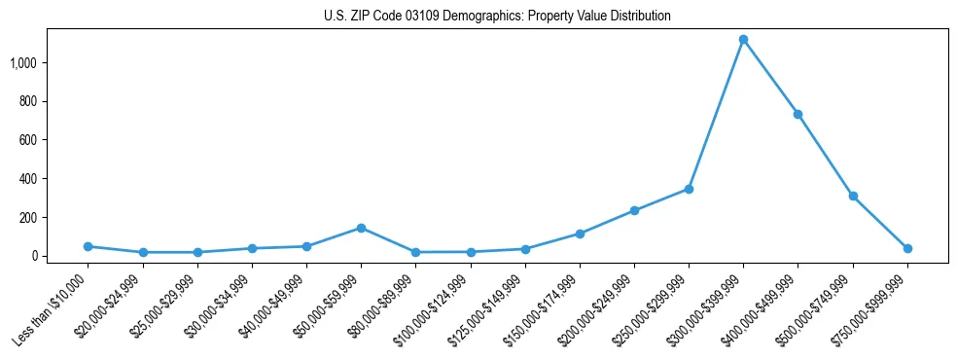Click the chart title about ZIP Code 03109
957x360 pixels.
(497, 17)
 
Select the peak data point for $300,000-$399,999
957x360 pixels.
(743, 40)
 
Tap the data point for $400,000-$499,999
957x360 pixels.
(797, 114)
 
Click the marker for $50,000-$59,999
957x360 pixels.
(361, 228)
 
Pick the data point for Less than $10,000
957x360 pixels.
(88, 246)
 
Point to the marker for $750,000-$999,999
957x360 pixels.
(907, 248)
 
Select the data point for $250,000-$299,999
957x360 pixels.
(689, 189)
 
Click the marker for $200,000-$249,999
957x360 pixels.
(634, 210)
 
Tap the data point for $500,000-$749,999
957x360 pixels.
(853, 196)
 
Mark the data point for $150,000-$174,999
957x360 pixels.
(580, 234)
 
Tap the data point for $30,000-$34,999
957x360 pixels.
(252, 248)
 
